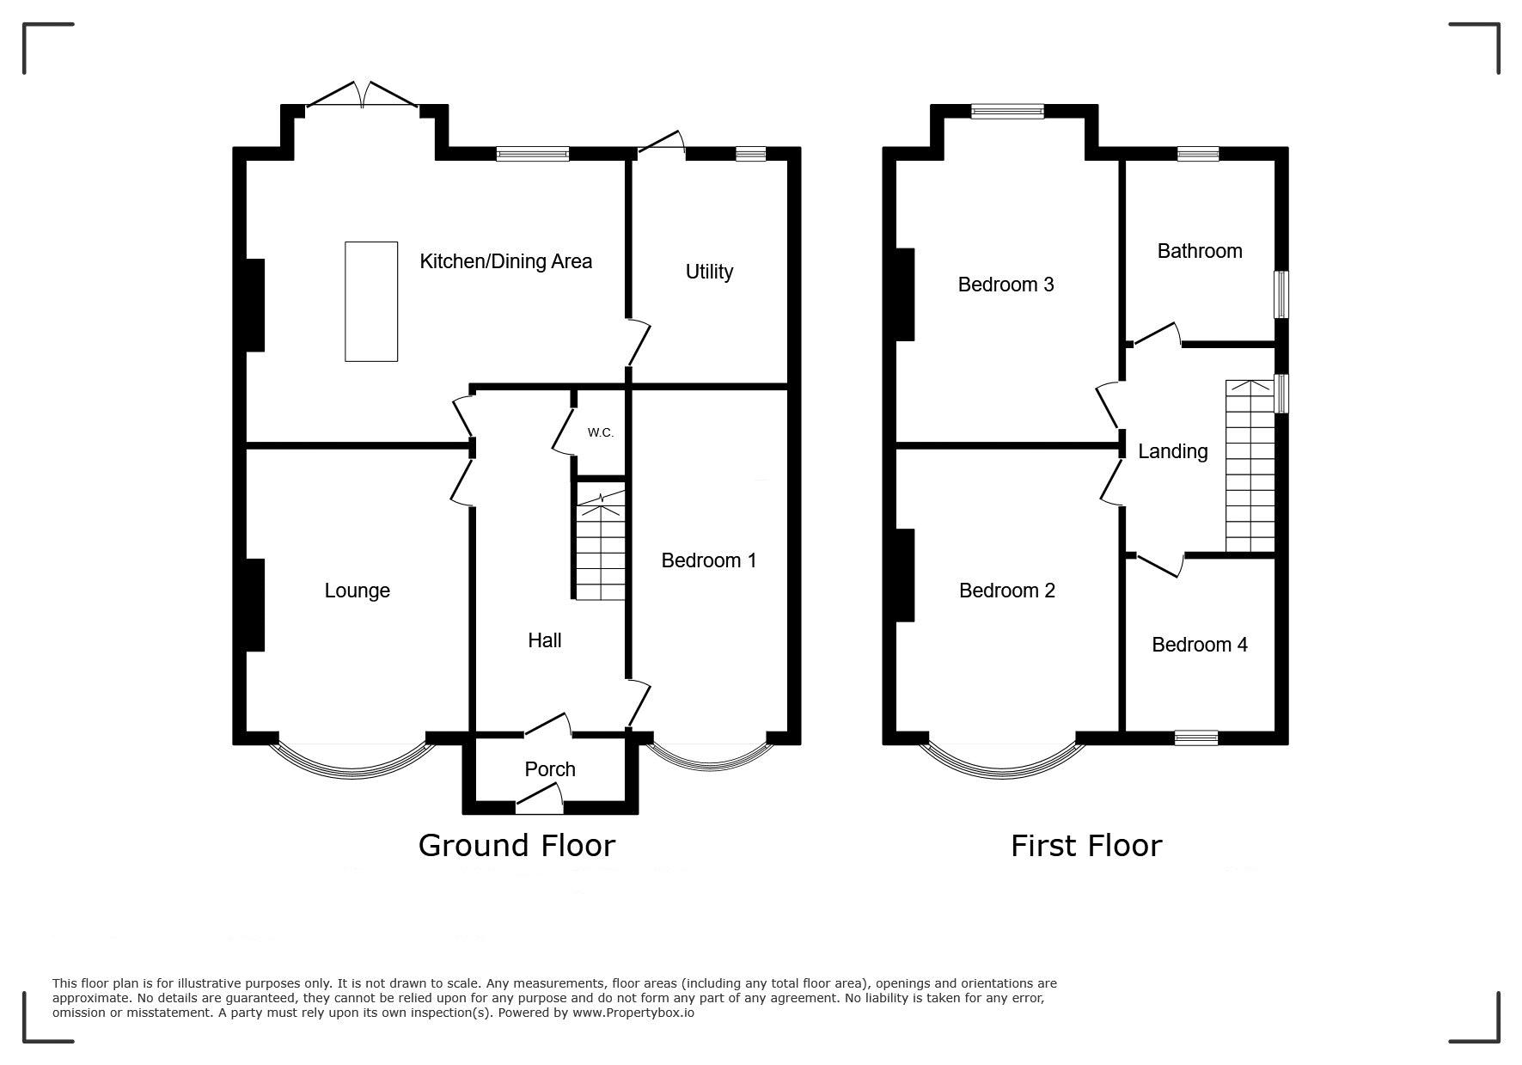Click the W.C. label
tap(601, 432)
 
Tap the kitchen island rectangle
tap(371, 302)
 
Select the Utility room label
tap(709, 272)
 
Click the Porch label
tap(550, 769)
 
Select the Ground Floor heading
tap(517, 846)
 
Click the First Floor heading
tap(1086, 846)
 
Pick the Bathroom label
tap(1200, 251)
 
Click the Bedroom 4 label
tap(1200, 645)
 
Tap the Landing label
tap(1173, 451)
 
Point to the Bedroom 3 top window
tap(1007, 111)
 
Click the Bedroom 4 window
tap(1196, 738)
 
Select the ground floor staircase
tap(601, 542)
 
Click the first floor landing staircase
tap(1250, 465)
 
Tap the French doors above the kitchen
tap(363, 95)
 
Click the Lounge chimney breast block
tap(255, 605)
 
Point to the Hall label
tap(545, 640)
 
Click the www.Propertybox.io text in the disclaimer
tap(633, 1013)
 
